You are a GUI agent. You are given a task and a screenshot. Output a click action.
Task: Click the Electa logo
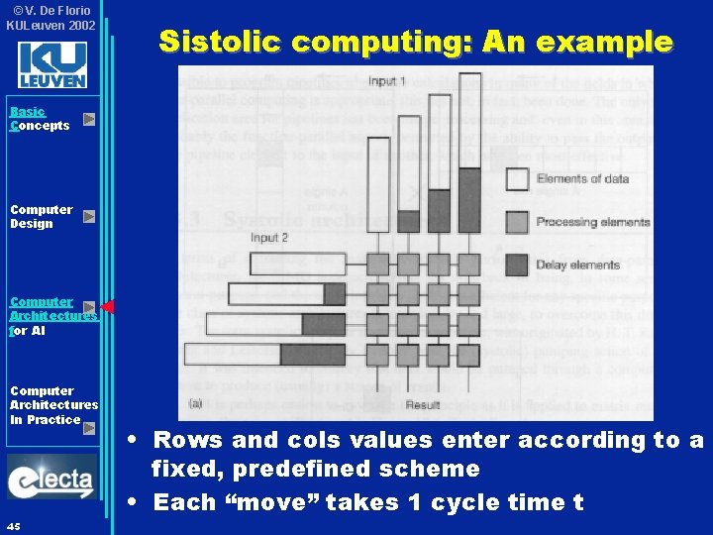coord(51,481)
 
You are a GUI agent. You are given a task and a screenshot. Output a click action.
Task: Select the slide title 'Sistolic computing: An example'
coord(416,42)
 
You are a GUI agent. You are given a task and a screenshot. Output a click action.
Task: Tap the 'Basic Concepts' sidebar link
coord(40,119)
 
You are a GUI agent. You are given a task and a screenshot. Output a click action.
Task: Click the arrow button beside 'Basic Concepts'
coord(89,119)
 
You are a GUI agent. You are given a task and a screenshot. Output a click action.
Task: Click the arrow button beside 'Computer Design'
coord(89,216)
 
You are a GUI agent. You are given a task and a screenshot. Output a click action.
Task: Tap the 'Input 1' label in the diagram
coord(387,80)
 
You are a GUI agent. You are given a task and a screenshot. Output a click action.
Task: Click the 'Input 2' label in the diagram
coord(269,238)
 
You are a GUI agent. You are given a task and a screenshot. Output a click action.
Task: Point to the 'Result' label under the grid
coord(423,405)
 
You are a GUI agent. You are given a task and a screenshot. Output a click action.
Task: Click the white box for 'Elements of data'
coord(516,178)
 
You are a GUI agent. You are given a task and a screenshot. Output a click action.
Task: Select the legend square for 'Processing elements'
coord(516,222)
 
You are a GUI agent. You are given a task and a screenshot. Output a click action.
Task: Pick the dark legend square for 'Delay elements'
coord(516,265)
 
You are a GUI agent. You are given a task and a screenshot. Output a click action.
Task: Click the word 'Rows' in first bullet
coord(187,441)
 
